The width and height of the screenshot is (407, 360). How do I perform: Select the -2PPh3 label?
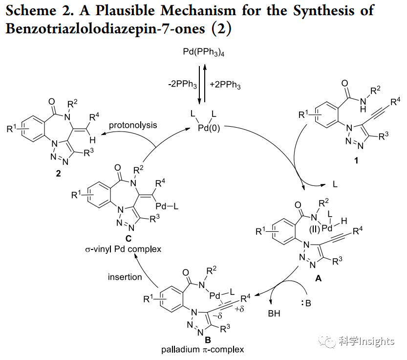(181, 85)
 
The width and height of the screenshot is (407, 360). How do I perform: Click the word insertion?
(125, 277)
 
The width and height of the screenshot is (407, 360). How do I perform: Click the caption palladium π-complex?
(202, 350)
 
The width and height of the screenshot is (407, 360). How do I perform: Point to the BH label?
(274, 314)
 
